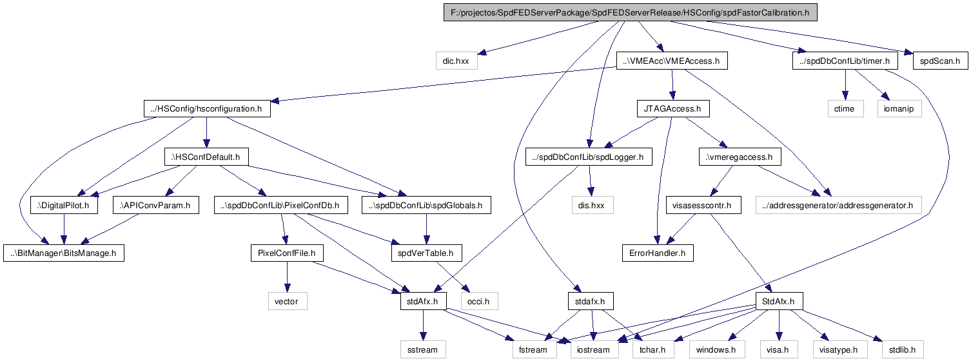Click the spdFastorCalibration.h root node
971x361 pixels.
click(x=631, y=12)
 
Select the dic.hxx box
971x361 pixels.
click(x=456, y=61)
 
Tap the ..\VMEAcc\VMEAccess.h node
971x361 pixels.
click(x=671, y=61)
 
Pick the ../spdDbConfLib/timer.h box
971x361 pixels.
click(x=845, y=61)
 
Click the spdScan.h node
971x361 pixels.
click(x=940, y=61)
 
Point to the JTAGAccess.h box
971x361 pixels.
click(x=672, y=109)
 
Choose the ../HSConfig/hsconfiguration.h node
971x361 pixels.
click(x=207, y=109)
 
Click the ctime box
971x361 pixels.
click(x=845, y=109)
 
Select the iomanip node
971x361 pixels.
click(x=899, y=109)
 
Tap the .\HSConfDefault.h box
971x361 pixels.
click(x=206, y=157)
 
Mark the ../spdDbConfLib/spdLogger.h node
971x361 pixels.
click(x=589, y=157)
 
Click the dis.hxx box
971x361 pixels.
click(x=592, y=205)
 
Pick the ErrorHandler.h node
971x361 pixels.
click(x=657, y=253)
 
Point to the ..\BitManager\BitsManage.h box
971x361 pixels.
click(x=64, y=253)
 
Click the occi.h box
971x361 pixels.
click(x=479, y=301)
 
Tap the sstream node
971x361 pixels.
click(x=423, y=349)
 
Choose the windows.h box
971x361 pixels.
click(x=717, y=349)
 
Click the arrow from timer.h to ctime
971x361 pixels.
click(x=845, y=84)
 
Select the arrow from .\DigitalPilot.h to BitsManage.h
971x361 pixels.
click(x=64, y=229)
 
